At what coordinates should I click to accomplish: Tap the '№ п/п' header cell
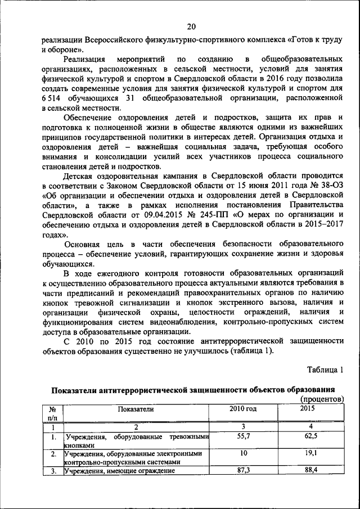click(52, 413)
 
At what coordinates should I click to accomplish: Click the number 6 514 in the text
click(55, 98)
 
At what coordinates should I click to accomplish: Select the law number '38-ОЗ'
click(331, 185)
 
